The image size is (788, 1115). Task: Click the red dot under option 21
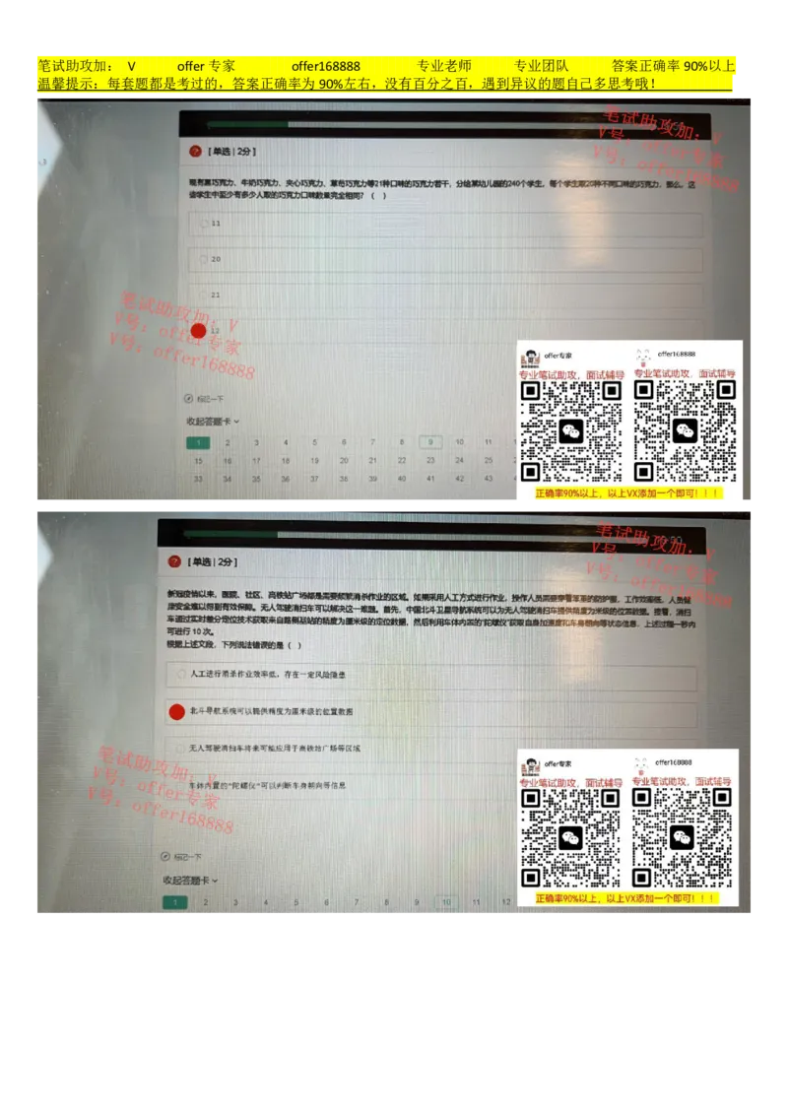click(x=198, y=331)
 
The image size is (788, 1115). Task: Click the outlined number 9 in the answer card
click(x=428, y=443)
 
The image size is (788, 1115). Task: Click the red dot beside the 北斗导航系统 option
click(x=176, y=711)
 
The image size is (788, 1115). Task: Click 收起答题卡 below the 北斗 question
click(x=190, y=880)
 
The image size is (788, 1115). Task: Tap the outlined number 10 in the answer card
click(x=445, y=901)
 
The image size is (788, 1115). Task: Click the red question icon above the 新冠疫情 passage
click(x=174, y=561)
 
